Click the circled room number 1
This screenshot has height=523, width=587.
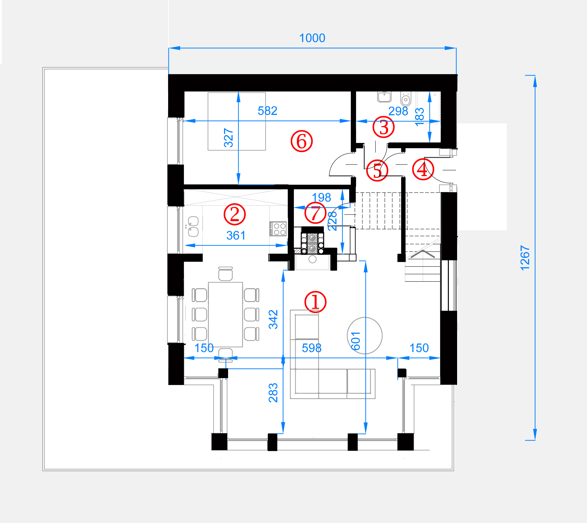point(315,302)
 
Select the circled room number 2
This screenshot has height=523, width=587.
point(235,214)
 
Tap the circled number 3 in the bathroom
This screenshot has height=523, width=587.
point(384,127)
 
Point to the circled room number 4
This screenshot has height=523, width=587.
point(423,169)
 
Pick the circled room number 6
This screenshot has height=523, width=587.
point(302,141)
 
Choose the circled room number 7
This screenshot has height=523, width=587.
point(315,213)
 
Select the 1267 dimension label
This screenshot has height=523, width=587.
point(525,258)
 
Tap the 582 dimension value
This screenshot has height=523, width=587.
point(267,111)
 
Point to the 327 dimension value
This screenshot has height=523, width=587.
point(229,138)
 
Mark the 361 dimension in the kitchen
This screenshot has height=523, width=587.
point(236,235)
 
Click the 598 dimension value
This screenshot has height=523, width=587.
point(312,348)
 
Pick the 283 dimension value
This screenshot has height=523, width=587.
point(273,393)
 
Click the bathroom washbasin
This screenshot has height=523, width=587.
point(384,97)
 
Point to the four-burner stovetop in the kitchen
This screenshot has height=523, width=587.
point(278,229)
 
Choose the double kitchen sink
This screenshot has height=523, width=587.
point(193,227)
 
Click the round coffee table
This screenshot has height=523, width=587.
point(365,336)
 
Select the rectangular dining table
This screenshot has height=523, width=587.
point(225,314)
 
